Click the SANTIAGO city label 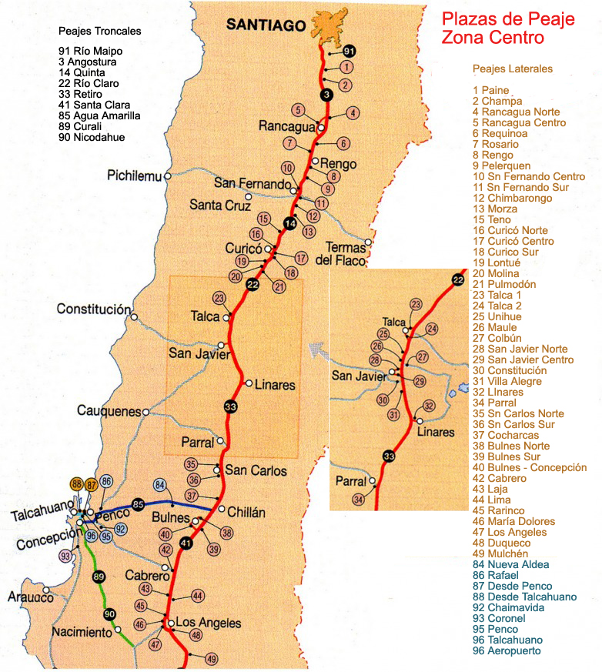[x=266, y=25]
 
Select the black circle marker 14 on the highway [x=290, y=223]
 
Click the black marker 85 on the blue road [x=138, y=505]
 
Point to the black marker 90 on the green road [x=109, y=613]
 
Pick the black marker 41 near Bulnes [x=185, y=543]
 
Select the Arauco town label [x=30, y=597]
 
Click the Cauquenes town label [x=109, y=411]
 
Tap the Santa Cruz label [x=221, y=206]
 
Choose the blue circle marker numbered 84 [x=160, y=486]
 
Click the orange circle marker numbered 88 [x=76, y=484]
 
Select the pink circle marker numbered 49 [x=212, y=659]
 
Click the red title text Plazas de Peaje [x=507, y=19]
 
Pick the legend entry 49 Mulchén [x=500, y=553]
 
